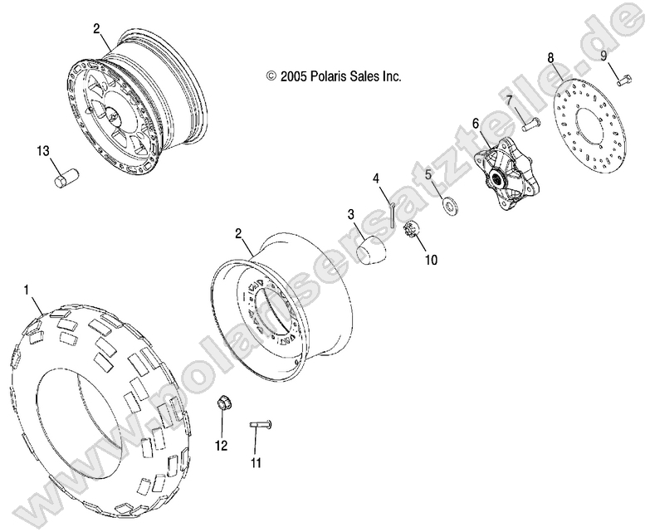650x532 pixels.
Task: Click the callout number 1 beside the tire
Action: tap(27, 290)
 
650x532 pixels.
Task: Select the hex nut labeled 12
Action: tap(222, 405)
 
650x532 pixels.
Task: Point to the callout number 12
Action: tap(221, 446)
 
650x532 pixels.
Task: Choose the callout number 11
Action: tap(257, 462)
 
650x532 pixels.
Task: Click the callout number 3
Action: tap(351, 214)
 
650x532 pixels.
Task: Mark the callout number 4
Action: tap(375, 178)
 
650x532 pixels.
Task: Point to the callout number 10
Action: tap(431, 259)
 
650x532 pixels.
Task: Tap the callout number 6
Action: tap(476, 124)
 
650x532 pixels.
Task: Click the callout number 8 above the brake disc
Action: tap(550, 57)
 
